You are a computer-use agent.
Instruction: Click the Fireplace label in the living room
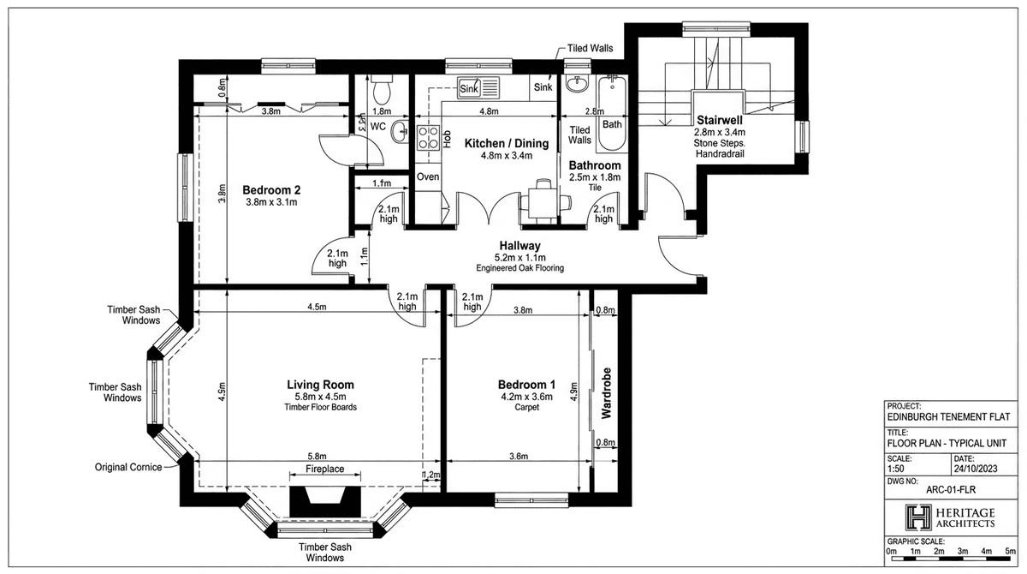[325, 469]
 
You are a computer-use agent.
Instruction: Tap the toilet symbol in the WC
[383, 89]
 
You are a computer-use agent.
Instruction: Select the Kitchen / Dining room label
[499, 142]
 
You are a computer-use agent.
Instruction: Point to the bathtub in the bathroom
[613, 103]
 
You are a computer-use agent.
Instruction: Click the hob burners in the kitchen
[426, 139]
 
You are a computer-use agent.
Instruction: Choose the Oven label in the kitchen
[427, 176]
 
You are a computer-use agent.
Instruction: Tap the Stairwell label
[719, 119]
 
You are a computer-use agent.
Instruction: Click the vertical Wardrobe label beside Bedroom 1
[607, 393]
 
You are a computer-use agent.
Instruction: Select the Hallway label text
[519, 246]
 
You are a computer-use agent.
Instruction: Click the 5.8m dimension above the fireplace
[316, 457]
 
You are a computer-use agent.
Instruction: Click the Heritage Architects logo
[950, 517]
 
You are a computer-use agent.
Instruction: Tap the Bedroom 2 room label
[270, 190]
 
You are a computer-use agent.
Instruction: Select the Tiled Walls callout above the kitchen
[590, 49]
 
